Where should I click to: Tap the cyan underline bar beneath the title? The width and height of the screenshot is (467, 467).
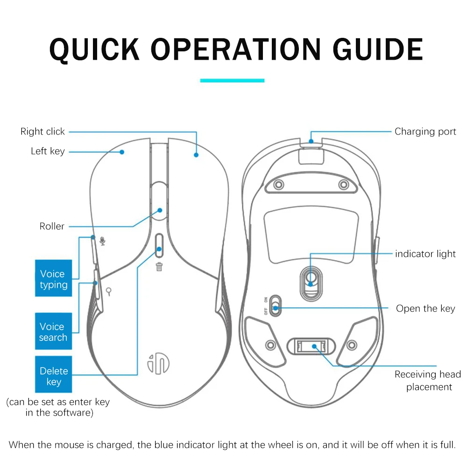coord(232,81)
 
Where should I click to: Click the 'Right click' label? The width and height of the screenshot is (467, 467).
coord(42,132)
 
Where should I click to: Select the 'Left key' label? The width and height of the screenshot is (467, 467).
coord(48,151)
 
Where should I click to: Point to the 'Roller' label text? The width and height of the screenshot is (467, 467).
coord(52,226)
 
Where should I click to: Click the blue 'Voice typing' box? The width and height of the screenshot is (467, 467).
coord(54,278)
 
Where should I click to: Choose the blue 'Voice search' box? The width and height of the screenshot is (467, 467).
coord(54,331)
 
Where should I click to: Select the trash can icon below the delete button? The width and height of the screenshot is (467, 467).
coord(159,268)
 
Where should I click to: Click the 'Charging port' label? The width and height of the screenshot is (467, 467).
coord(425,132)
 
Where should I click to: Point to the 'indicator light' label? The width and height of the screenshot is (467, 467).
coord(425,254)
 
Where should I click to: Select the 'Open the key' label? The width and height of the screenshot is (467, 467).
coord(425,309)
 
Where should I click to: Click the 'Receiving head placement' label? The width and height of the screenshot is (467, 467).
coord(427,380)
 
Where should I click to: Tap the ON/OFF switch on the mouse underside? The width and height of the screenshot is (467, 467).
coord(276,305)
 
